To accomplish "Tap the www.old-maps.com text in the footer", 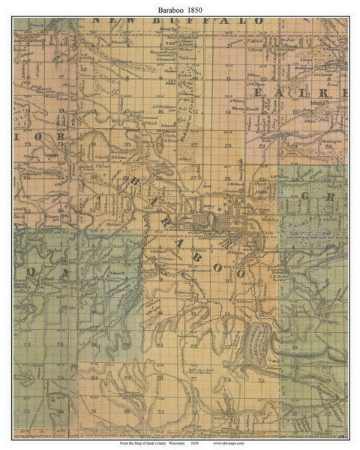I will [253, 443].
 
